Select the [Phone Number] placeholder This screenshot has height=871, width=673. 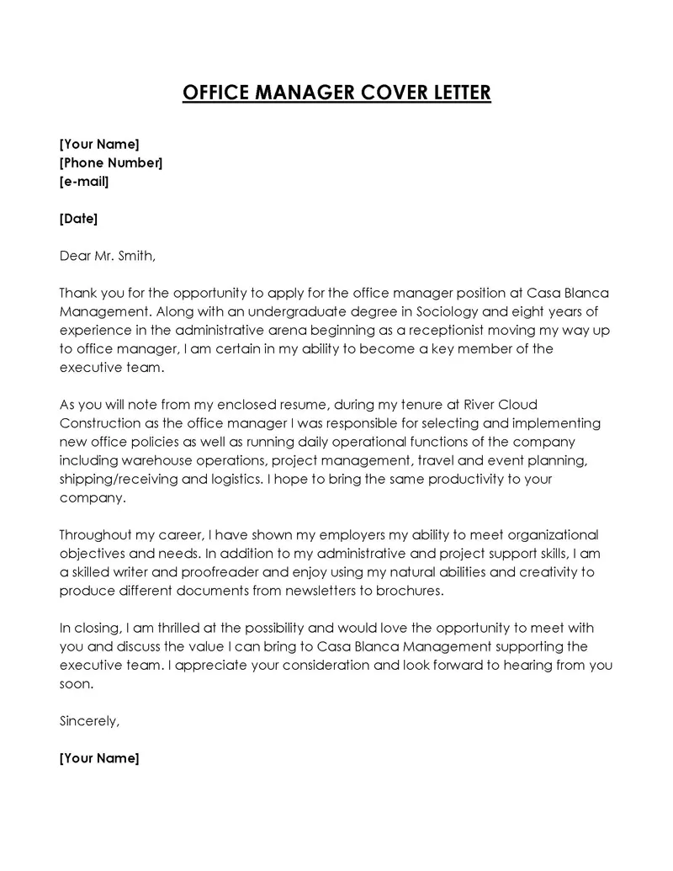pos(111,162)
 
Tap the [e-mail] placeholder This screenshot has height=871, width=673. pos(84,181)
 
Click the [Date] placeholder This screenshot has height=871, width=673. pos(79,219)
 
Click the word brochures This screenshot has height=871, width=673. pos(409,591)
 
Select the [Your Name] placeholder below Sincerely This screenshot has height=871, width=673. pos(99,758)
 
